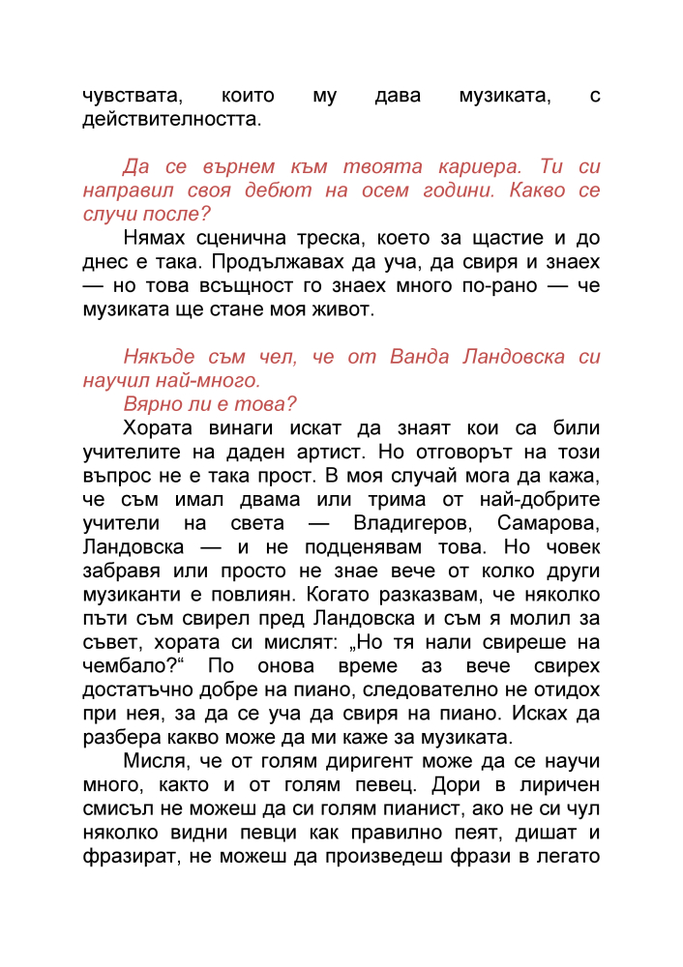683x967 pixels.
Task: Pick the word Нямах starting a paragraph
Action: [156, 238]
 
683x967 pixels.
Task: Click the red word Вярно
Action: [155, 403]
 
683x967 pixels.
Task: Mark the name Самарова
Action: [548, 522]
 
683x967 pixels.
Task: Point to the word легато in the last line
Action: [570, 853]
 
